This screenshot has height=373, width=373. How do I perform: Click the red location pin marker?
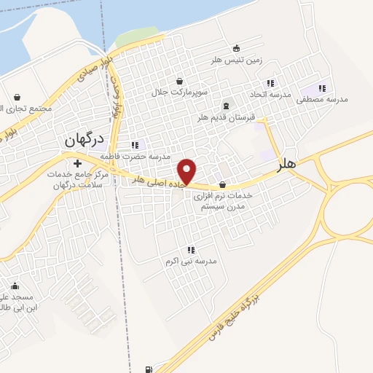(x=188, y=171)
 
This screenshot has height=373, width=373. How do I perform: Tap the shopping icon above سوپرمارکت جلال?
(x=180, y=81)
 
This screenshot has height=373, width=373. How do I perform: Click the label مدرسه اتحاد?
(x=270, y=95)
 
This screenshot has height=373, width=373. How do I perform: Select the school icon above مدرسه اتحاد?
(x=271, y=83)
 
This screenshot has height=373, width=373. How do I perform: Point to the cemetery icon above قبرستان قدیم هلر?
(x=225, y=106)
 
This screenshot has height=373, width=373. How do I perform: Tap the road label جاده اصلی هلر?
(x=159, y=181)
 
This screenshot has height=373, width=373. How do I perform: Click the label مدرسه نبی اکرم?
(x=192, y=261)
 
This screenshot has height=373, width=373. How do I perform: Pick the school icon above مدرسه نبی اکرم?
(x=192, y=250)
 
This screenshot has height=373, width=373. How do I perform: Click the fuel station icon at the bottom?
(x=149, y=369)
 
